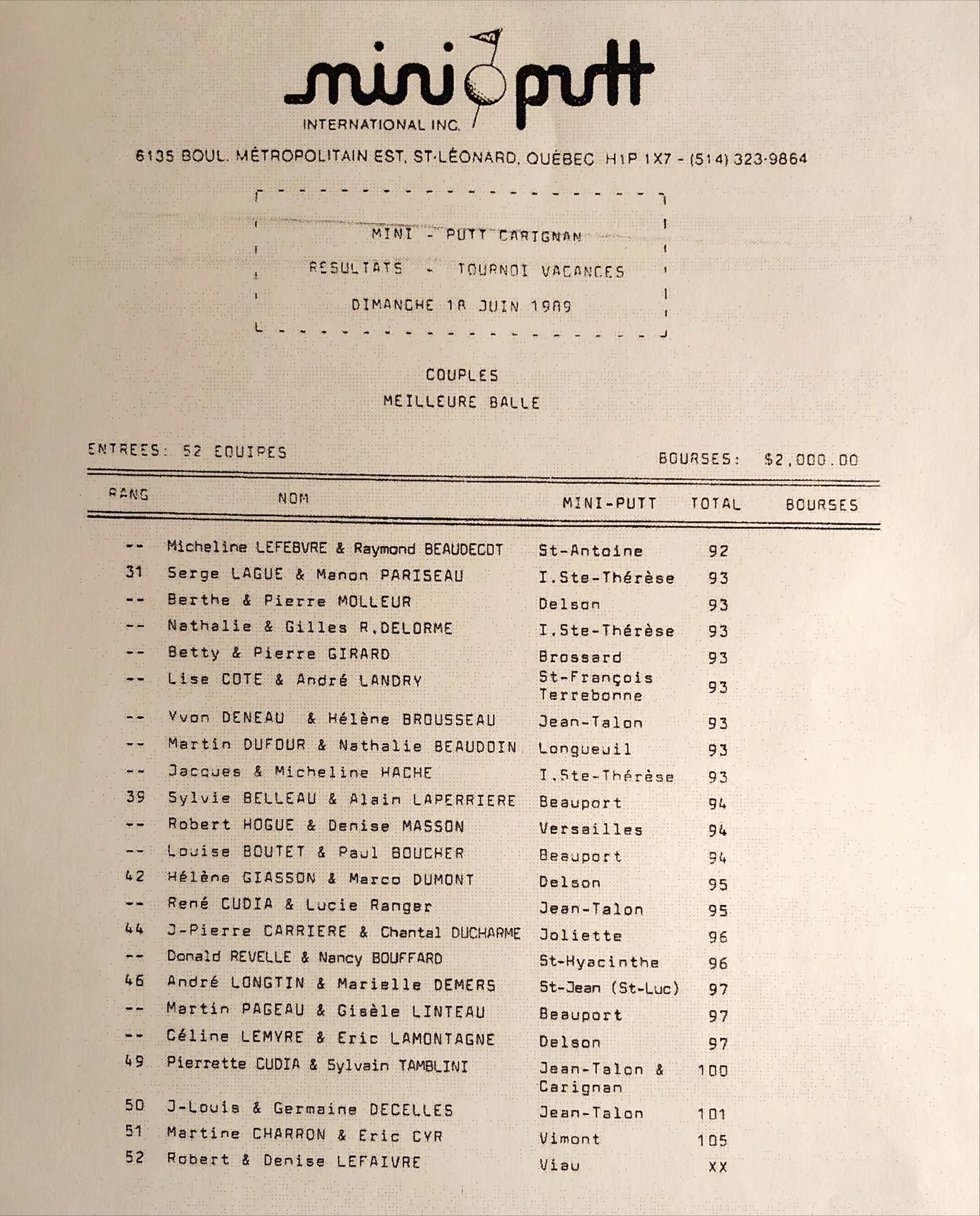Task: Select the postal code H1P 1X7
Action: click(638, 159)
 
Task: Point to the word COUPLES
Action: click(462, 375)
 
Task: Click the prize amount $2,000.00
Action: click(811, 459)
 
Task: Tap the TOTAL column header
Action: click(715, 504)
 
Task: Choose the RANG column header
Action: click(129, 495)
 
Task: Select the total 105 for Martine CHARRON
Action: click(712, 1141)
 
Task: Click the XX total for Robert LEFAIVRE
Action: click(717, 1167)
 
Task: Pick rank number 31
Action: click(134, 572)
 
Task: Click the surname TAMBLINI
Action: click(433, 1066)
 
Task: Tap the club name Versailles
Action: click(591, 829)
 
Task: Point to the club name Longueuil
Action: click(584, 749)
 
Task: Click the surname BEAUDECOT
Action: click(463, 549)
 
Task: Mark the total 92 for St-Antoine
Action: click(718, 551)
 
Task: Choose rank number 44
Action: click(134, 928)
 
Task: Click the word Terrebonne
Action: click(590, 695)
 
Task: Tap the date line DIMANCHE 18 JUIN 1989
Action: click(461, 306)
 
